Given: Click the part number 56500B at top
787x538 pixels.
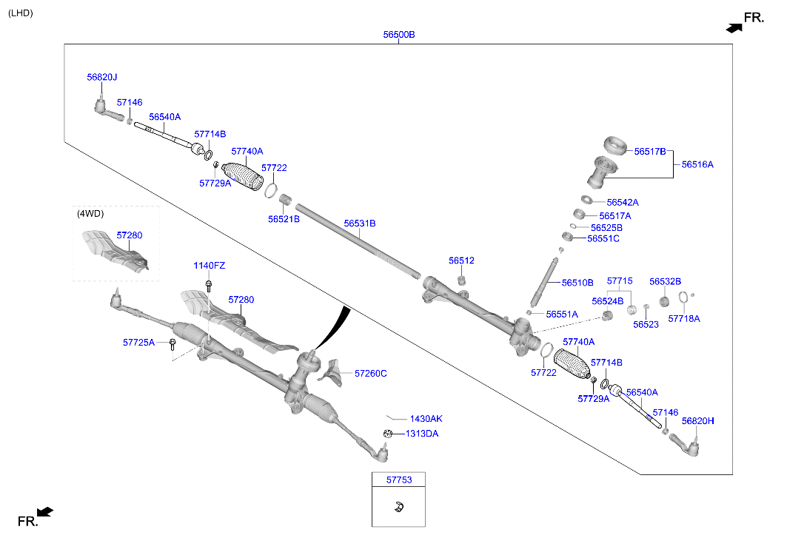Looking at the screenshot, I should (398, 35).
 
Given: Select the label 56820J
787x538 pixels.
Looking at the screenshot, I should (101, 77).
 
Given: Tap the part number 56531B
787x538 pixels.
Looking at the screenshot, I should (359, 223).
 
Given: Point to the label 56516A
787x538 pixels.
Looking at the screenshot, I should (697, 164).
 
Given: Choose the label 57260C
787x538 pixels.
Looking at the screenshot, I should (370, 374).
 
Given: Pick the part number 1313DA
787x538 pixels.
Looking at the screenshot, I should (422, 434).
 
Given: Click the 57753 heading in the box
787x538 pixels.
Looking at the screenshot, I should (399, 480).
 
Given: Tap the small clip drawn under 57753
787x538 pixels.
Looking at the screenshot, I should (398, 507).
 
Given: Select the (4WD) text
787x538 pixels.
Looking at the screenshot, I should (90, 214).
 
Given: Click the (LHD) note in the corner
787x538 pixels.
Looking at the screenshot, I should (20, 13).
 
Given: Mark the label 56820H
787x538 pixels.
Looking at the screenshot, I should (697, 420).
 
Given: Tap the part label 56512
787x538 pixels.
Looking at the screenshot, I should (461, 260).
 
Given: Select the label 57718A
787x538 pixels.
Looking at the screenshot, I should (683, 318).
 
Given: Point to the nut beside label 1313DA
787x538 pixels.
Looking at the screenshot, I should (387, 434).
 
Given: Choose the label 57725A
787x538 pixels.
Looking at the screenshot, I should (138, 342).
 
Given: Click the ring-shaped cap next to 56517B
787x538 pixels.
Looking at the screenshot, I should (614, 144).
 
